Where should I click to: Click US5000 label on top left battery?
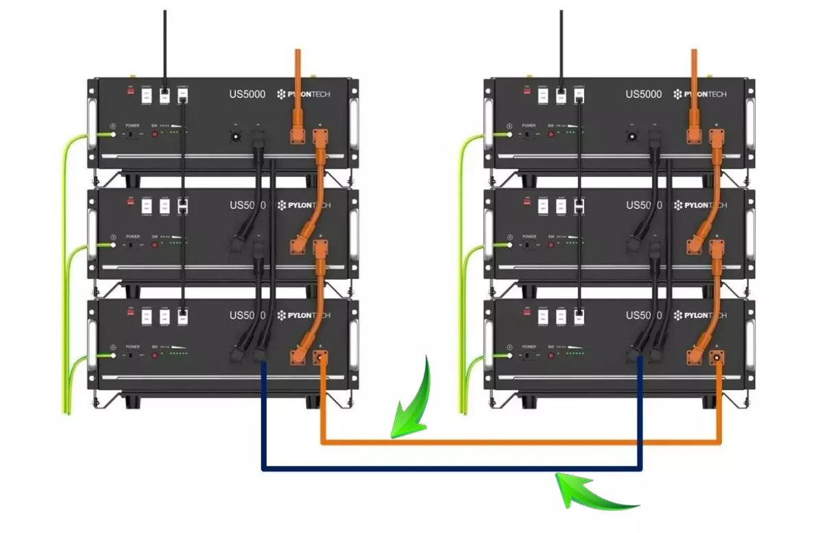[244, 94]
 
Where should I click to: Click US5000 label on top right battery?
[643, 94]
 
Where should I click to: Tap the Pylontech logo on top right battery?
[700, 94]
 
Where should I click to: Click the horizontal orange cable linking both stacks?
[521, 443]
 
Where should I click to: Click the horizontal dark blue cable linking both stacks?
[452, 470]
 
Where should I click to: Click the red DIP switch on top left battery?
[130, 89]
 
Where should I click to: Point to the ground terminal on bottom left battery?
[112, 355]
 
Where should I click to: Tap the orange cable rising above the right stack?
[694, 75]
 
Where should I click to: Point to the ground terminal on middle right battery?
[509, 245]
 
